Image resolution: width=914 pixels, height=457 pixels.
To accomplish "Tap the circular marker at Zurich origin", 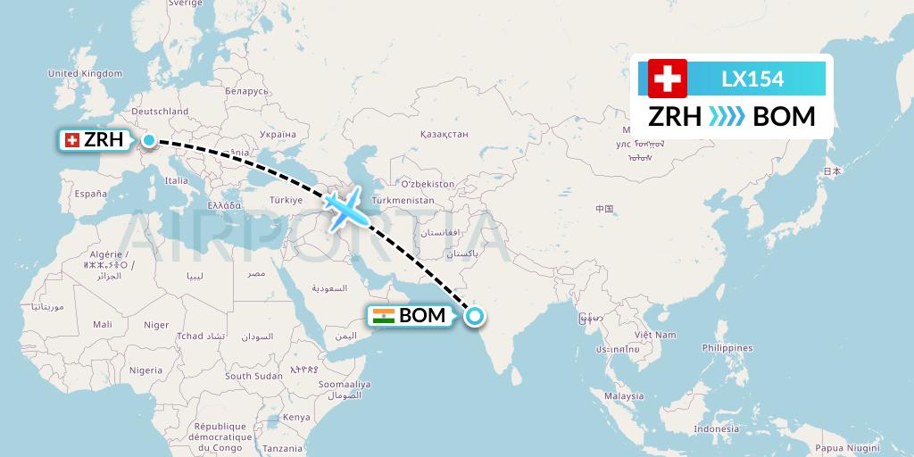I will pos(149,140).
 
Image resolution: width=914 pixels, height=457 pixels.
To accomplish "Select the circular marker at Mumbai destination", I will pos(474,314).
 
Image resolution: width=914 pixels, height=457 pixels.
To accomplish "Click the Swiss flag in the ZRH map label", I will pos(71,140).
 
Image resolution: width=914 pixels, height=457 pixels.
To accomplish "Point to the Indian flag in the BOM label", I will pos(384,315).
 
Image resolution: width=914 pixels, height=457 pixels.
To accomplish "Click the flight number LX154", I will pos(752,79).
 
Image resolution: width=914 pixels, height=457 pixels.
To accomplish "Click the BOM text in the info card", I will pos(784,117).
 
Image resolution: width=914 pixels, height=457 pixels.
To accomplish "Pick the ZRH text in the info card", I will pos(674,117).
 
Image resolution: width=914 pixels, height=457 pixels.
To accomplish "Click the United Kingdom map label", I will pos(84,73).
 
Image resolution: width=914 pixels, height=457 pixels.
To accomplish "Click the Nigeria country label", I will pos(145,370).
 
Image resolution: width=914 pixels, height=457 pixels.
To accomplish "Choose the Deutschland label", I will pos(160,112).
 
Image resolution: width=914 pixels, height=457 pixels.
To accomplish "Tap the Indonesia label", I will pos(715,429).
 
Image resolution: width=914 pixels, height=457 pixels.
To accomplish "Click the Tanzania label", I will pos(283,448).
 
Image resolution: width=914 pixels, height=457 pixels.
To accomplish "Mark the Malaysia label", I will pos(623,395).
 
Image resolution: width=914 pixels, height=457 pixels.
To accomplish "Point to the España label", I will pos(90,193).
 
